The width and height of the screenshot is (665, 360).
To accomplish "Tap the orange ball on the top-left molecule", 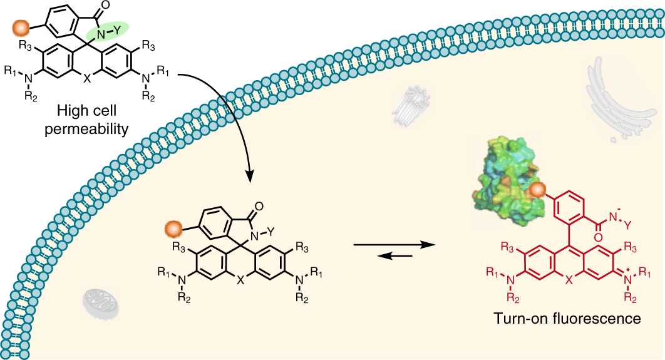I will pyautogui.click(x=21, y=28).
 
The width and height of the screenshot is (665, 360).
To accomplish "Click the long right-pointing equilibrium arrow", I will pyautogui.click(x=394, y=245).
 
